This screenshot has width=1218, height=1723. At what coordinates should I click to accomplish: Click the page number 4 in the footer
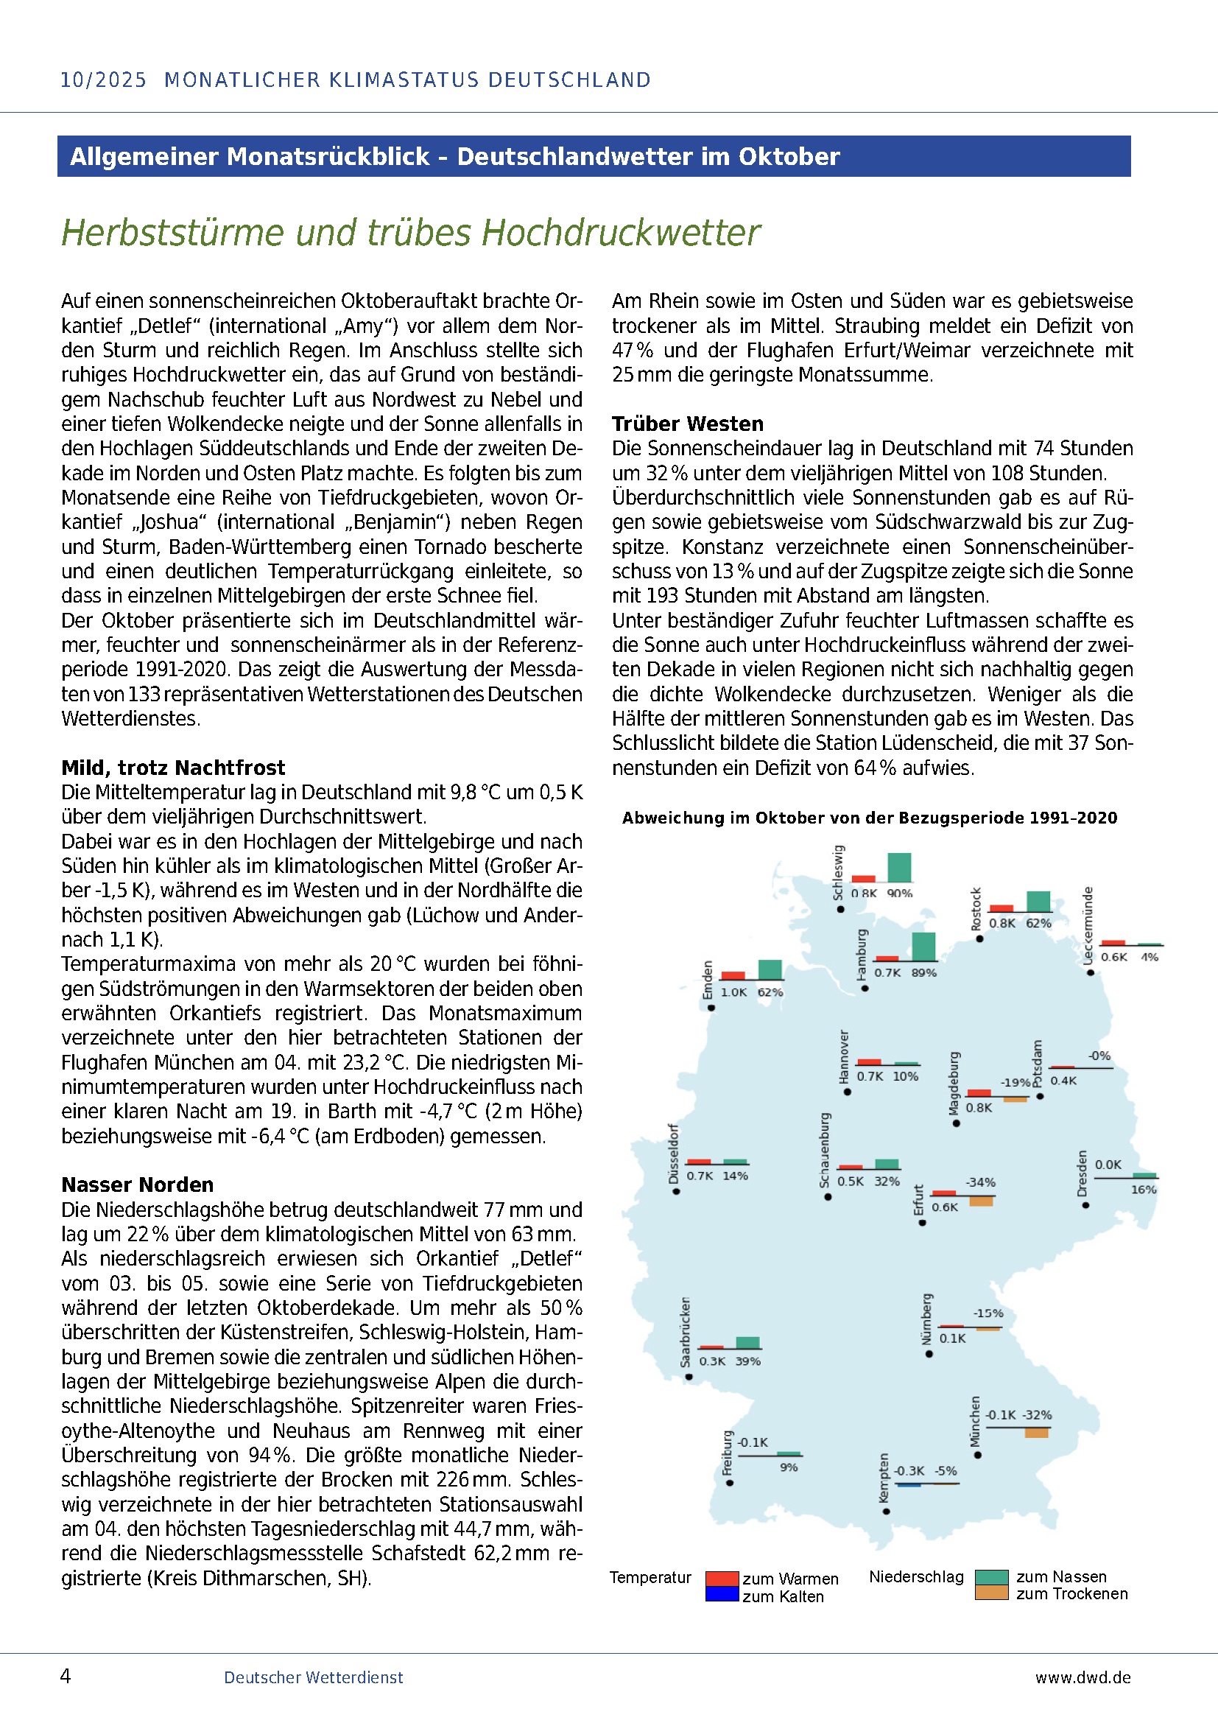click(66, 1676)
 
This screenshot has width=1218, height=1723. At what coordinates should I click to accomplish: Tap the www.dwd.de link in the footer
click(1083, 1677)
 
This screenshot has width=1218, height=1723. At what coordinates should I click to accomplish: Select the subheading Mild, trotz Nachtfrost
click(173, 768)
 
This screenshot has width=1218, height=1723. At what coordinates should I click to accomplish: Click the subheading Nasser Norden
click(137, 1185)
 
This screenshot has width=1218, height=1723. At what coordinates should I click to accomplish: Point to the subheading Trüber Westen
click(687, 424)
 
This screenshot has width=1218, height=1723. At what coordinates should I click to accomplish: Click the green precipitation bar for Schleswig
click(899, 868)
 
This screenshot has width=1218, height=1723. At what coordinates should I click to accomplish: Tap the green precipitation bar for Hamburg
click(923, 947)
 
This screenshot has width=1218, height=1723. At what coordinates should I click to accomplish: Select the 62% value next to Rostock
click(1039, 923)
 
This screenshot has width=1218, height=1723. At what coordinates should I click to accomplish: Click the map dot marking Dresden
click(1085, 1205)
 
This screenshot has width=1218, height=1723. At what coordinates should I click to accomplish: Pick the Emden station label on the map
click(706, 979)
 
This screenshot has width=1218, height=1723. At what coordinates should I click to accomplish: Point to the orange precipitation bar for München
click(1037, 1433)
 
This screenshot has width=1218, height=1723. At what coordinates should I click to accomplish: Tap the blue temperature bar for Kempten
click(908, 1485)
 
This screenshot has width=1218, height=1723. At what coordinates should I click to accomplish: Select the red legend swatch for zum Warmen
click(722, 1578)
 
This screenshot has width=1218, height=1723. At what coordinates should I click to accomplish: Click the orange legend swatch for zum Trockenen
click(991, 1593)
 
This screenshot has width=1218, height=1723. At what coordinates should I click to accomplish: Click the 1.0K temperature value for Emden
click(733, 992)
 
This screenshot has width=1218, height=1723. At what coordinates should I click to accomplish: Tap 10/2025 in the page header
click(104, 80)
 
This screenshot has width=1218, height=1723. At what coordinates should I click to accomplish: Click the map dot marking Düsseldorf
click(676, 1191)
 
